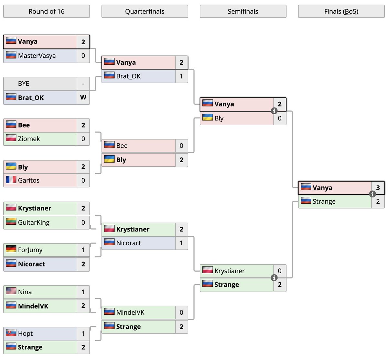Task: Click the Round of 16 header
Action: [x=46, y=12]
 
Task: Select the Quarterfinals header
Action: [x=145, y=12]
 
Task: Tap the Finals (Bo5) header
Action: [x=341, y=12]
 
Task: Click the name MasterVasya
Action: [x=37, y=56]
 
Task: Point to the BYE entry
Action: [x=24, y=84]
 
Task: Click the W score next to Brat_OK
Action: [x=83, y=97]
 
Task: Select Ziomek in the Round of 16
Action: [x=29, y=139]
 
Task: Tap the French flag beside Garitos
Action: [x=11, y=180]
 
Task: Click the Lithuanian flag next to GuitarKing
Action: [x=11, y=222]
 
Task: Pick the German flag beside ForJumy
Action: [x=11, y=249]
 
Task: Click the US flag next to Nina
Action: [x=11, y=291]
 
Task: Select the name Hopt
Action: [x=26, y=333]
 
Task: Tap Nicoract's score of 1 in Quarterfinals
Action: [x=181, y=243]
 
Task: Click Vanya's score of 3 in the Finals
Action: [x=378, y=187]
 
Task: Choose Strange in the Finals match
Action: [x=324, y=201]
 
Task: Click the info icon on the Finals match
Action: [x=372, y=194]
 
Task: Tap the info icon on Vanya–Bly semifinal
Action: [x=274, y=111]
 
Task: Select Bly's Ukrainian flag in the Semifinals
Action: [x=208, y=118]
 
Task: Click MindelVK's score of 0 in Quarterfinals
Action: [x=181, y=312]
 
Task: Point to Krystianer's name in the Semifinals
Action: [x=230, y=271]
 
